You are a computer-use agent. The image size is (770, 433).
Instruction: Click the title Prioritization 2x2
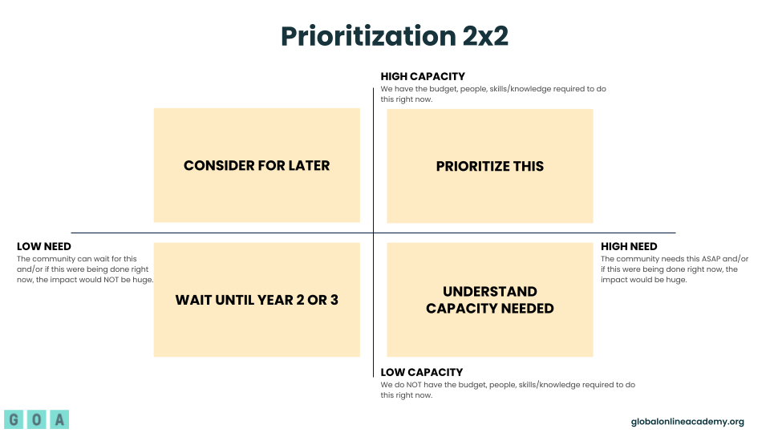394,36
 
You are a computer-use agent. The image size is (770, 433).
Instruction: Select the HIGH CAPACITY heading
423,77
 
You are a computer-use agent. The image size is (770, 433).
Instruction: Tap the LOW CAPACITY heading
421,372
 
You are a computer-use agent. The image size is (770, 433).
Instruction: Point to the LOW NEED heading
44,246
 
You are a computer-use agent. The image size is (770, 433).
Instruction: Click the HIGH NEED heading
629,246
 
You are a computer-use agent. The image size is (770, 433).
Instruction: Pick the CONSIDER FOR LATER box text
257,166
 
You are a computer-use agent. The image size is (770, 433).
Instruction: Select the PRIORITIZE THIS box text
490,166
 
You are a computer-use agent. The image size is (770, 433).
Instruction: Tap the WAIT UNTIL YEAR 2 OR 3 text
257,300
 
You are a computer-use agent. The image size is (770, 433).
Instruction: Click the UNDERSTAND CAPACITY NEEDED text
490,300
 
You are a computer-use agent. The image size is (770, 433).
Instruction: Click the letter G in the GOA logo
14,419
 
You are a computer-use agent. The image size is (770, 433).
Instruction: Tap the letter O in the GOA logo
36,419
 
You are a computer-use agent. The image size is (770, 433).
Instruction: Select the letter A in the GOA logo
59,419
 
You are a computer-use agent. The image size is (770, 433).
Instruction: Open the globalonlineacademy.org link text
687,422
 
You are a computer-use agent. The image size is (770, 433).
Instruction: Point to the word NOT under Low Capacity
425,385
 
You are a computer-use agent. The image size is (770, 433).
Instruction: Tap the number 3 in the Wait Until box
334,300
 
